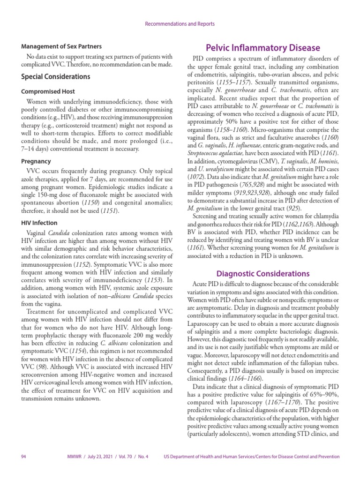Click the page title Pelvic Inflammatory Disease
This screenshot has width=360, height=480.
[x=263, y=48]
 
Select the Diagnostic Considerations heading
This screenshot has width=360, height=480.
[x=262, y=273]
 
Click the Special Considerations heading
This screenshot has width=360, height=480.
[x=55, y=76]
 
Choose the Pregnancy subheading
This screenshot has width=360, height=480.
[x=36, y=161]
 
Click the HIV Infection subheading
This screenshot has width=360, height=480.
[x=39, y=223]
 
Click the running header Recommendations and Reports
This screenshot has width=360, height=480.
[x=180, y=23]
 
